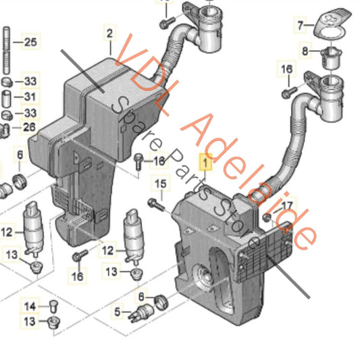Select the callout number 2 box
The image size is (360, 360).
109,32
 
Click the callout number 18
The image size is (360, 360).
159,161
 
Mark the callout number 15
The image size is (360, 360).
160,183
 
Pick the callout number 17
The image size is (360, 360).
287,205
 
